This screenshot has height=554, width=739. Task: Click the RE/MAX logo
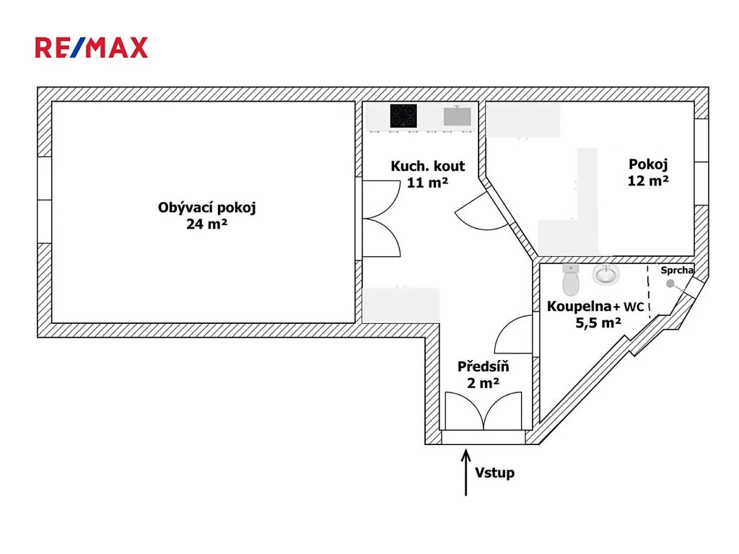click(92, 48)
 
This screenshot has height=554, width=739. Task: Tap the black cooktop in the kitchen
click(403, 116)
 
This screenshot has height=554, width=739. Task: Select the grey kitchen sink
click(457, 116)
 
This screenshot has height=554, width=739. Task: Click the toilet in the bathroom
click(571, 280)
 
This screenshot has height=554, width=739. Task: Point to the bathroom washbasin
click(606, 274)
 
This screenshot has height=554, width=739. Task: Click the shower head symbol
click(672, 284)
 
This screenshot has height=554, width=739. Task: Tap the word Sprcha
click(677, 271)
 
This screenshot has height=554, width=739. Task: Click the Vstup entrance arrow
click(466, 472)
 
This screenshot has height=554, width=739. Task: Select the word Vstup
click(494, 472)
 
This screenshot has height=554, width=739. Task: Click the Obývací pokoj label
click(207, 208)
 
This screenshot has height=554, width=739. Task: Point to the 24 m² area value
click(207, 224)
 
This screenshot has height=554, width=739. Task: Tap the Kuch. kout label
click(428, 166)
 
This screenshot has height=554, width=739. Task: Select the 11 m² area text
click(427, 183)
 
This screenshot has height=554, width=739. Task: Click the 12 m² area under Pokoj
click(648, 180)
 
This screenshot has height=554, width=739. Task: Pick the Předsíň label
click(483, 366)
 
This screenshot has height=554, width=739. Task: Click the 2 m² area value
click(483, 383)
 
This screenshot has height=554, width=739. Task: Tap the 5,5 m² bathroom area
click(598, 322)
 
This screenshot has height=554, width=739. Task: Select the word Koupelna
click(580, 307)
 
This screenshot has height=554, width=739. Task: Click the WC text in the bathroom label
click(634, 307)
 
